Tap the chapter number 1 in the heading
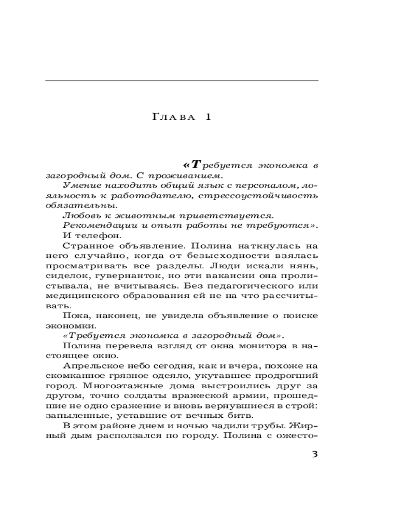[x=208, y=117]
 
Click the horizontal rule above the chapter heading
[x=182, y=81]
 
